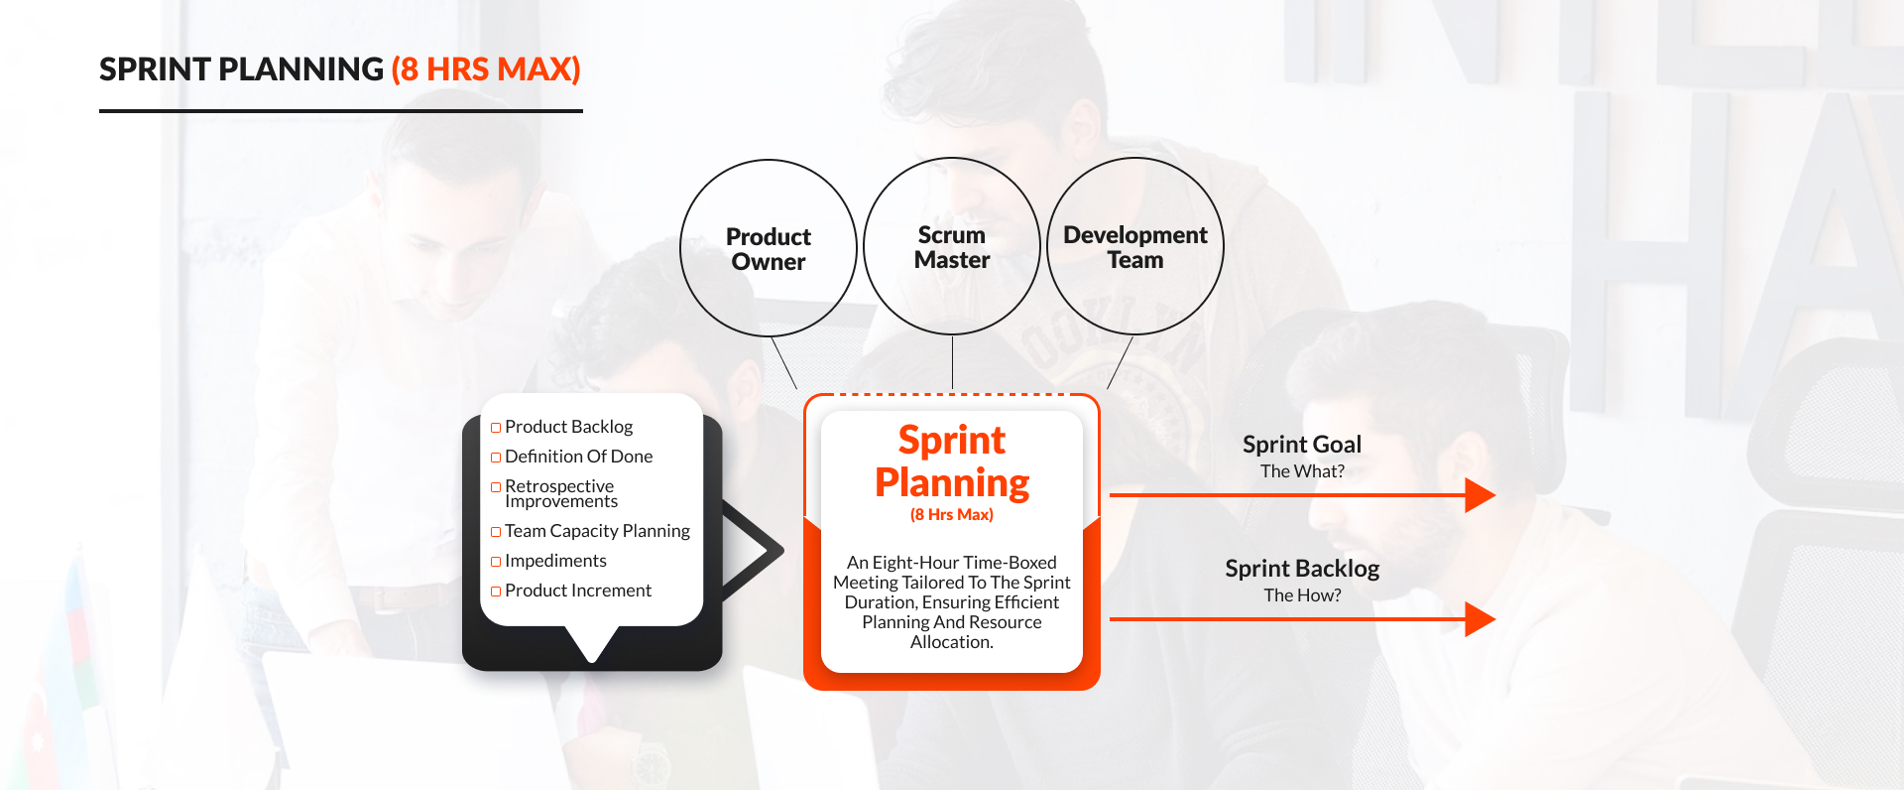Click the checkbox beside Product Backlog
pyautogui.click(x=496, y=428)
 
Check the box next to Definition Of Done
pyautogui.click(x=496, y=458)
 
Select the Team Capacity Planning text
pyautogui.click(x=597, y=531)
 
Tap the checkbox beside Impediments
pyautogui.click(x=496, y=562)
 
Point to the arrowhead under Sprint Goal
pyautogui.click(x=1480, y=494)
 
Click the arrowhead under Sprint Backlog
pyautogui.click(x=1480, y=619)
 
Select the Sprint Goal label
pyautogui.click(x=1302, y=445)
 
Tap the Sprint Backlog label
pyautogui.click(x=1302, y=569)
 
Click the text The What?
pyautogui.click(x=1302, y=471)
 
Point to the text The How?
pyautogui.click(x=1302, y=595)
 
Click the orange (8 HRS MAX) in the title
pyautogui.click(x=486, y=69)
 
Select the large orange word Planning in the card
pyautogui.click(x=952, y=483)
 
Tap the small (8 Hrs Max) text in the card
pyautogui.click(x=952, y=514)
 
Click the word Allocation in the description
pyautogui.click(x=950, y=642)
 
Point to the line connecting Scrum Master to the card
pyautogui.click(x=952, y=362)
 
